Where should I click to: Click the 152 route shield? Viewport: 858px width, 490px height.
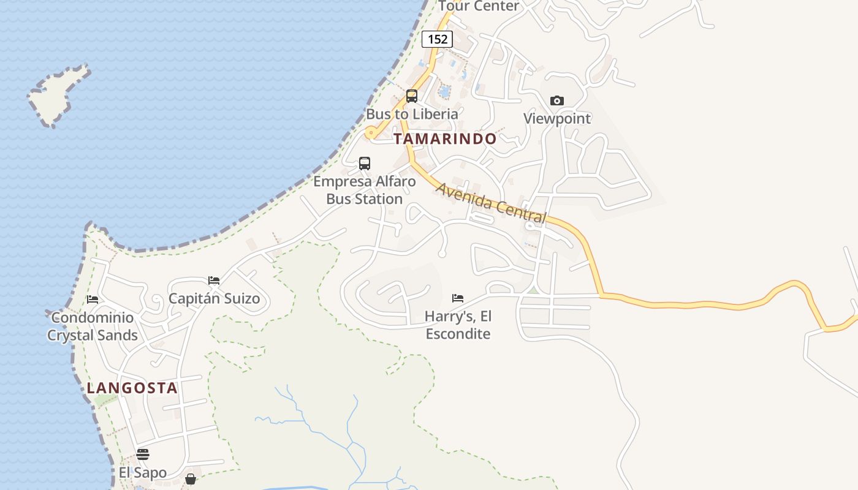coord(437,39)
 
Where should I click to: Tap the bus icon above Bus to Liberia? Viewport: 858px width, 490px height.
coord(412,96)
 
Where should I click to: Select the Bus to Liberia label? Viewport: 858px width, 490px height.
coord(412,114)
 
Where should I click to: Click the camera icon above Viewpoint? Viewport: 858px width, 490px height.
coord(556,100)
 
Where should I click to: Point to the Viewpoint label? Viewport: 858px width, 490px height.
coord(556,118)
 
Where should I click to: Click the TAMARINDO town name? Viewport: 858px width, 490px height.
coord(445,139)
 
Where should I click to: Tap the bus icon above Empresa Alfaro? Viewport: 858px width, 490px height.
coord(365,164)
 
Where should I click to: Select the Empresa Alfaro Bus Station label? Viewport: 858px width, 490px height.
coord(365,190)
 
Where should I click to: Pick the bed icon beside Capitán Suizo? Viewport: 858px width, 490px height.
coord(214,281)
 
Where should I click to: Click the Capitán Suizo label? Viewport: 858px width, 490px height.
coord(214,299)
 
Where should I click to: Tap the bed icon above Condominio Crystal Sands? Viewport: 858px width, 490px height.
coord(93,300)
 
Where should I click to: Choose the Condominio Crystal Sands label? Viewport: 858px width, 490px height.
coord(93,326)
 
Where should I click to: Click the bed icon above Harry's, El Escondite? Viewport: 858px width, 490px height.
coord(458,298)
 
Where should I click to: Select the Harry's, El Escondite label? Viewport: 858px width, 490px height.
coord(458,325)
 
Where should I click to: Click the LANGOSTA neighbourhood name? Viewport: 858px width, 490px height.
coord(132,388)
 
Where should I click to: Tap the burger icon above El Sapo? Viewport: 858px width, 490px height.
coord(143,454)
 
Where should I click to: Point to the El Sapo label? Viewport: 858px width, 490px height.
coord(143,473)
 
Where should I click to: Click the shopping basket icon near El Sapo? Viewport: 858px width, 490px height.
coord(191,478)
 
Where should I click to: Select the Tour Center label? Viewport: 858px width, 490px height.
coord(479,6)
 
